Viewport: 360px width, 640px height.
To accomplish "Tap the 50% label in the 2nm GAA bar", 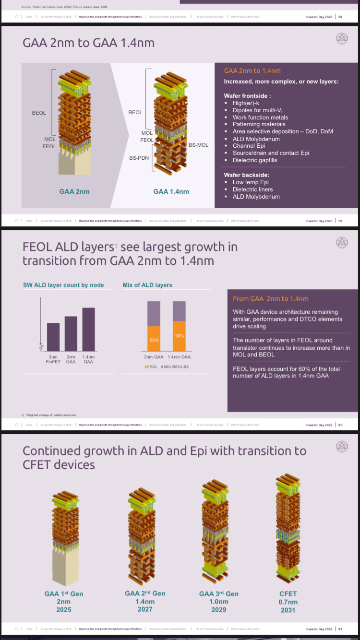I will (154, 340).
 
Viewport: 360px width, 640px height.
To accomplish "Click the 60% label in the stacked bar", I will (180, 335).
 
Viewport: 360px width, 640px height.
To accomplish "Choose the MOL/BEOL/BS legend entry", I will (175, 366).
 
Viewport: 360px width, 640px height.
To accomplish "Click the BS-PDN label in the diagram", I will (139, 157).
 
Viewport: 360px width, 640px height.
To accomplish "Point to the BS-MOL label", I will (198, 145).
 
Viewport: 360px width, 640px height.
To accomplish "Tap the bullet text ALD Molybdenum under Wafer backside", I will (256, 197).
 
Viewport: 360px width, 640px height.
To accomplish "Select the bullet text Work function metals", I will (260, 117).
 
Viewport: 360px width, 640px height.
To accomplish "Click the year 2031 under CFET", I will (288, 610).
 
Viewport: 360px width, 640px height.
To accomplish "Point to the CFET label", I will (288, 593).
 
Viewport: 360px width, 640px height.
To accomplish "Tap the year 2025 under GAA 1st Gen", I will (64, 610).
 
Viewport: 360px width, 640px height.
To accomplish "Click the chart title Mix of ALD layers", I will (147, 285).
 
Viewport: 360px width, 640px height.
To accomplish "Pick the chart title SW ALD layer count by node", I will (63, 285).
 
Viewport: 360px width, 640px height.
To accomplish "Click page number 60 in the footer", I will (340, 425).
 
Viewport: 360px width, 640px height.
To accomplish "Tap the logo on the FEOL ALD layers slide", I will (342, 242).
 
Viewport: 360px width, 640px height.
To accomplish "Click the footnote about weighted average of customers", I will (49, 415).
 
